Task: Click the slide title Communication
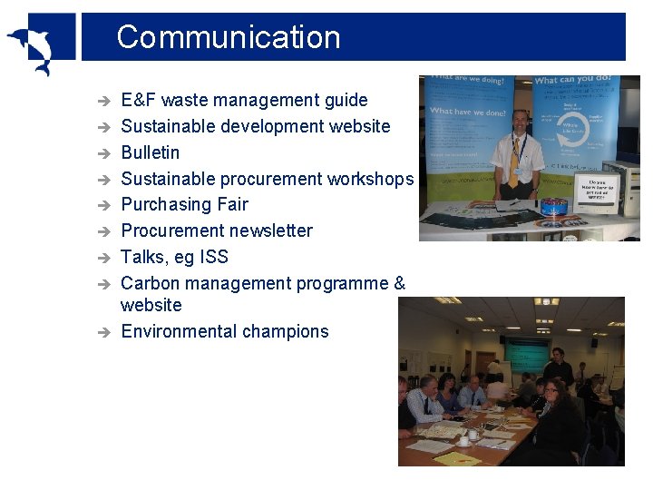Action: [229, 37]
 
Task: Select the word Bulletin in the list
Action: [151, 152]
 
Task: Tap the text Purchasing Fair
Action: [184, 204]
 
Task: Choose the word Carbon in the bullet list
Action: [151, 283]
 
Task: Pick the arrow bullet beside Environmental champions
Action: [104, 332]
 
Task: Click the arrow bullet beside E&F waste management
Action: [104, 101]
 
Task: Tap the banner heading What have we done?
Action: [467, 112]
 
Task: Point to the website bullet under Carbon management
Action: [151, 305]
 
